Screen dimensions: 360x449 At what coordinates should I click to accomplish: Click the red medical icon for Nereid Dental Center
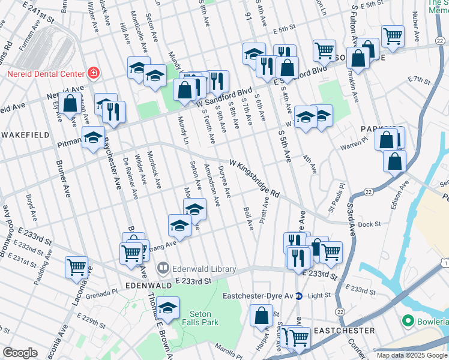(x=93, y=73)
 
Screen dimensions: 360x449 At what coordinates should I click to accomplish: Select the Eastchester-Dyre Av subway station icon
(x=298, y=295)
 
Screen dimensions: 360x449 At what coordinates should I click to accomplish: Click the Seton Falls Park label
(x=200, y=317)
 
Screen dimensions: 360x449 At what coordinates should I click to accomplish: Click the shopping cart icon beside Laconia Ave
(x=77, y=267)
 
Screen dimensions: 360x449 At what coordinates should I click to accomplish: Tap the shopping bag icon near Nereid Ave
(x=70, y=103)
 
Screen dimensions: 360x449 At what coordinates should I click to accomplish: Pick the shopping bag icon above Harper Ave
(x=262, y=316)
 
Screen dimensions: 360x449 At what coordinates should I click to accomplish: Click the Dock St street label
(x=369, y=224)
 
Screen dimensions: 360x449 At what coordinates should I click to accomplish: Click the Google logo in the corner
(x=20, y=353)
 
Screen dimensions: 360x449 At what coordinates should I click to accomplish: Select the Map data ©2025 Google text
(x=412, y=355)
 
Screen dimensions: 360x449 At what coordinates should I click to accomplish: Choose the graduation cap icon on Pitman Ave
(x=93, y=137)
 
